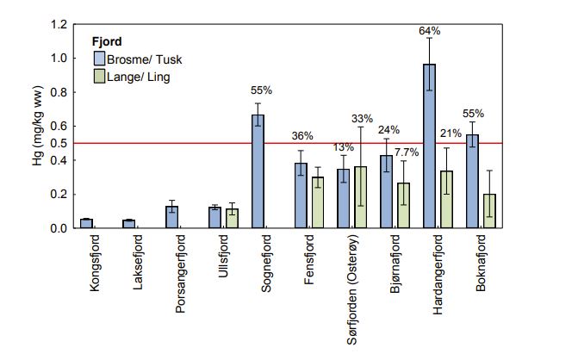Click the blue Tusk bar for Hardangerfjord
tap(429, 146)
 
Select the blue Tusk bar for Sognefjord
tap(258, 171)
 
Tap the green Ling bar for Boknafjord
tap(489, 211)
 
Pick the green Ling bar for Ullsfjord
tap(232, 218)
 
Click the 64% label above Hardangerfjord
tap(430, 31)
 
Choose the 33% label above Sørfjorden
tap(362, 119)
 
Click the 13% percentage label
tap(342, 146)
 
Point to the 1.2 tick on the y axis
tap(59, 24)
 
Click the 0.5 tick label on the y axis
tap(59, 143)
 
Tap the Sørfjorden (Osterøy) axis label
tap(354, 283)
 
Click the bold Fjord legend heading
tap(106, 41)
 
